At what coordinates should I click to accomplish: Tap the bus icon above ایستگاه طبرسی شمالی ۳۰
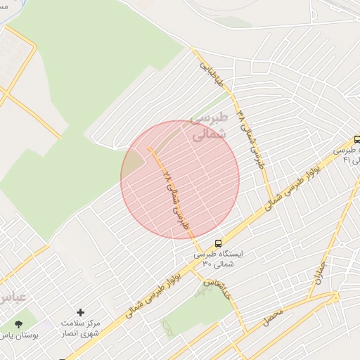(218, 240)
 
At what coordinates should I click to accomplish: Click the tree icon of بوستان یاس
(18, 324)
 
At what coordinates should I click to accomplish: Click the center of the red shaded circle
(180, 180)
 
